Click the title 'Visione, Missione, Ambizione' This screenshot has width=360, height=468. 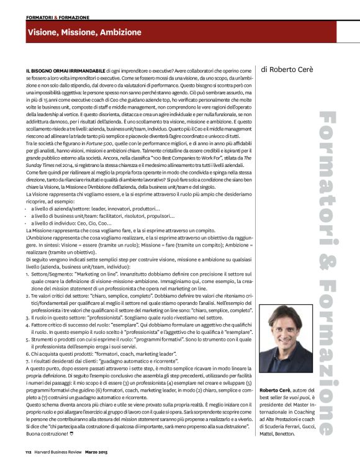tap(76, 32)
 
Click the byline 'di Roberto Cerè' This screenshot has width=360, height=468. tap(288, 70)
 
